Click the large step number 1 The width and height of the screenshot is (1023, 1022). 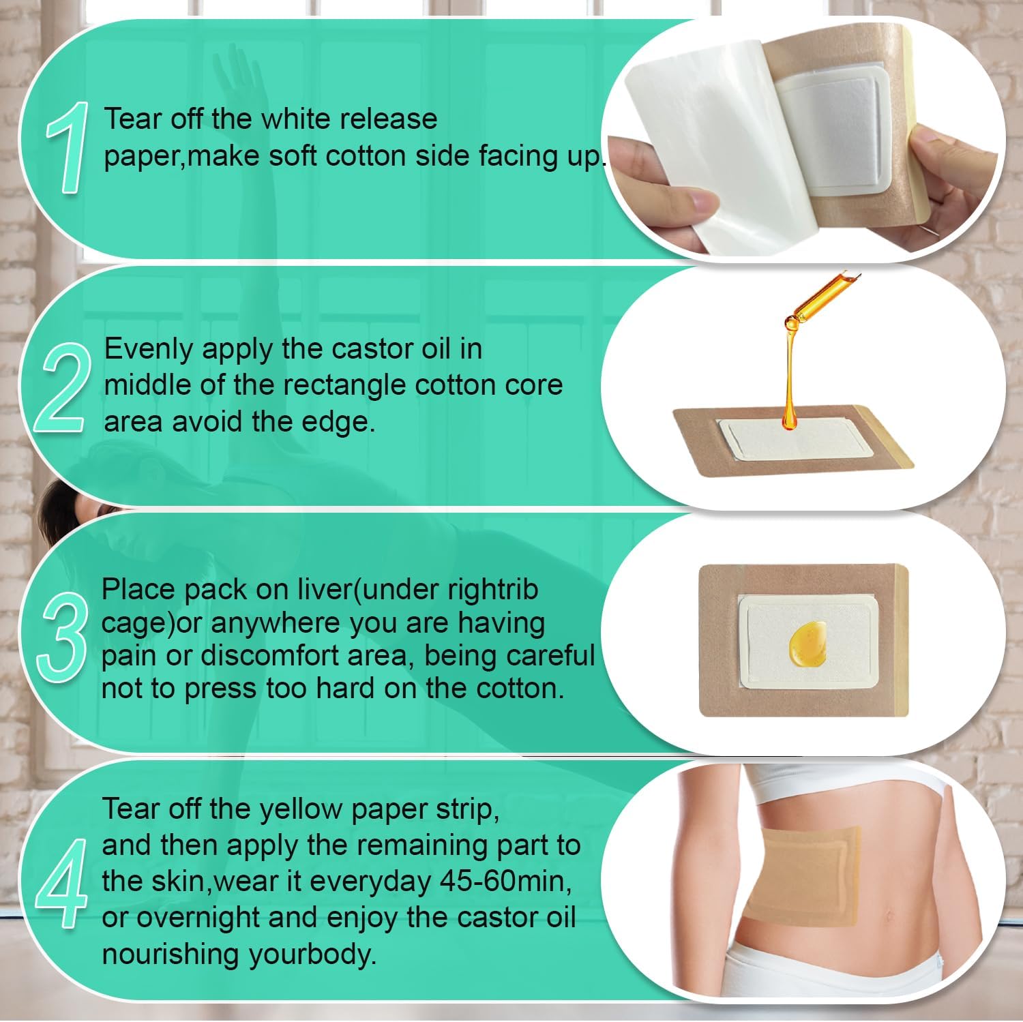[x=67, y=147]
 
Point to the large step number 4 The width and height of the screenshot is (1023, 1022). [x=62, y=884]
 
